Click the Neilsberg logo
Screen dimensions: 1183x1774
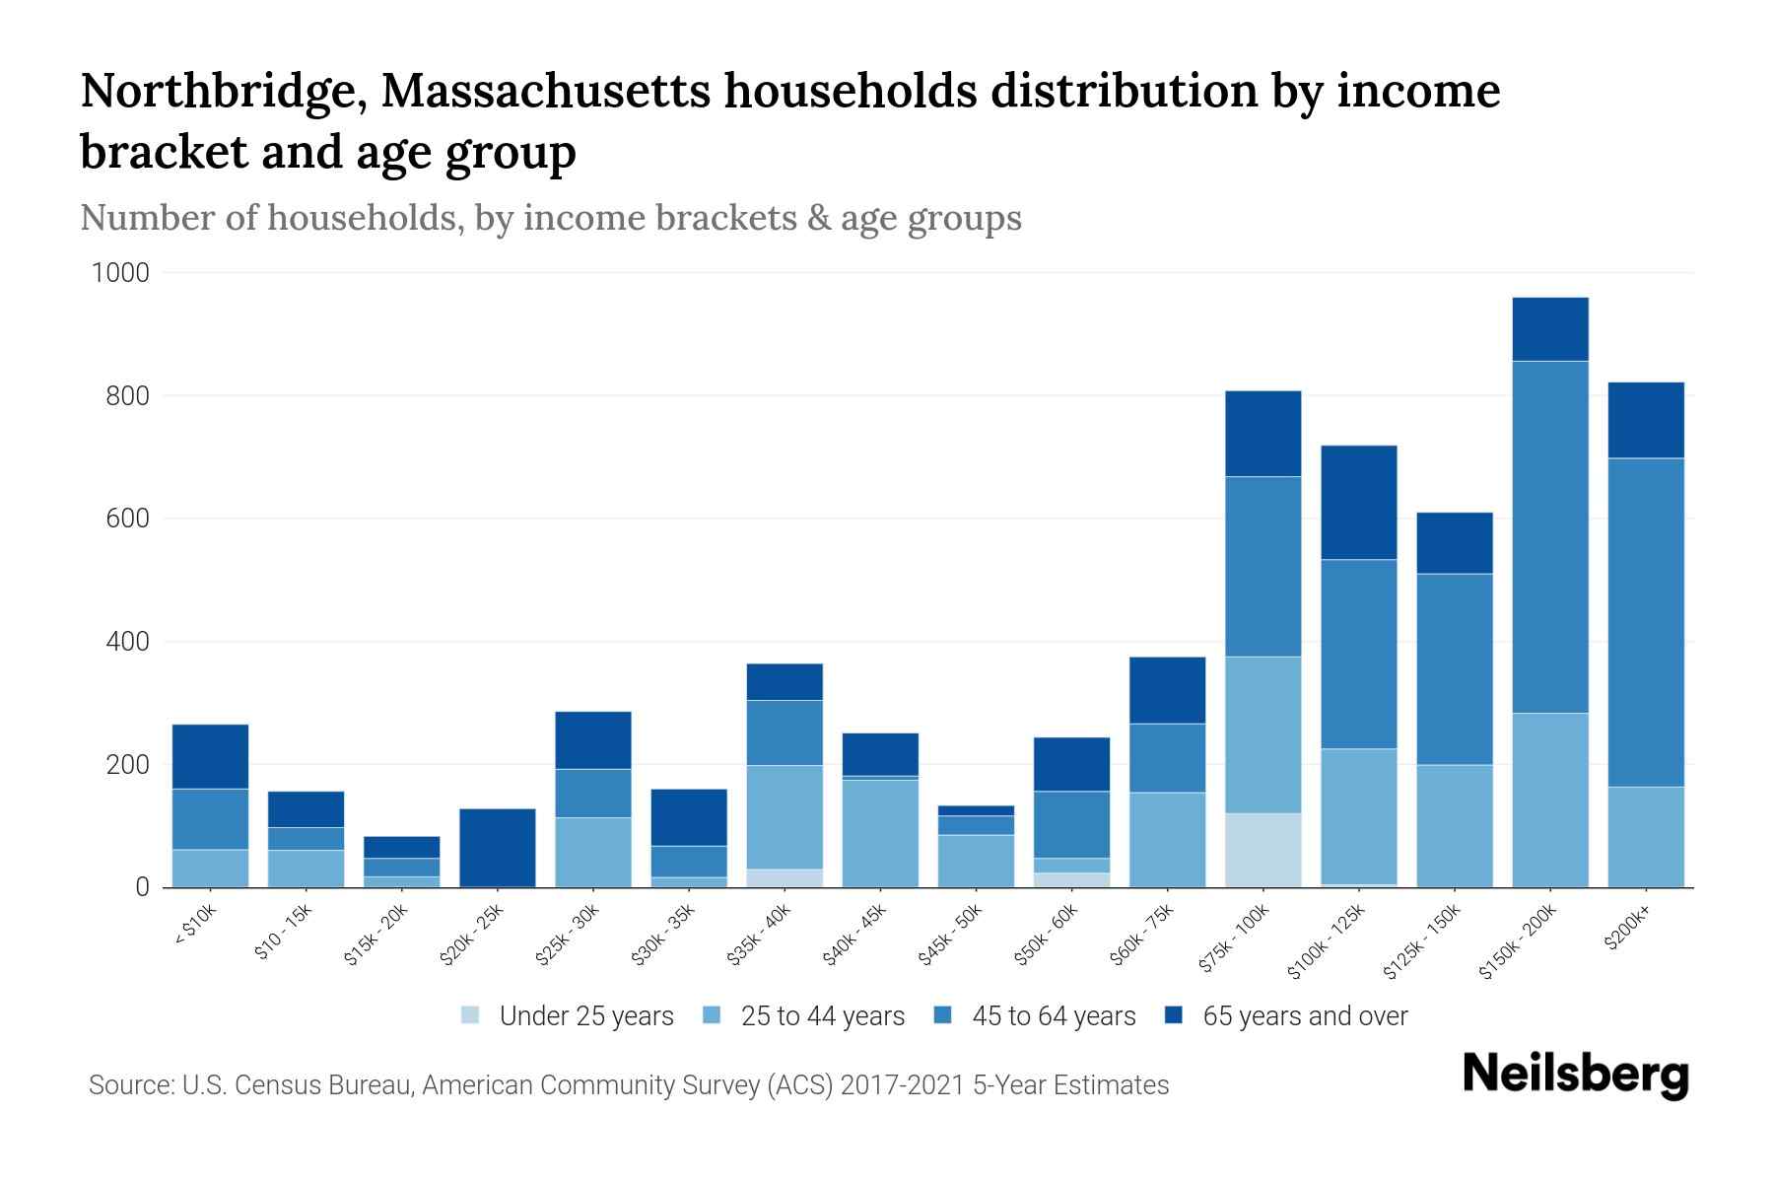pos(1575,1074)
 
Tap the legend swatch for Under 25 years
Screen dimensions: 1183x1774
pos(471,1015)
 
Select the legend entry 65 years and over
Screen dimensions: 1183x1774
pos(1304,1016)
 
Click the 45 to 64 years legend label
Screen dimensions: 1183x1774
pos(1053,1016)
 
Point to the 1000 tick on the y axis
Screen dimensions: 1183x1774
pos(120,273)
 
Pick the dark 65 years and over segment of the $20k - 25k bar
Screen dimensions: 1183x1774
pos(498,847)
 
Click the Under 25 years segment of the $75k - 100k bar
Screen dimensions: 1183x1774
pos(1262,849)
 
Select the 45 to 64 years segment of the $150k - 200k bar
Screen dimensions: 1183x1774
pos(1549,537)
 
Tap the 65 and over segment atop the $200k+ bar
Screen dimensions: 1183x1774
pos(1645,420)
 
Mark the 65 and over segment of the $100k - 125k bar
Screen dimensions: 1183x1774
pos(1358,503)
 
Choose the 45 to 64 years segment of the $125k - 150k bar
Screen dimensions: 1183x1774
pos(1454,668)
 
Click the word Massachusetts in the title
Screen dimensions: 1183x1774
pos(545,92)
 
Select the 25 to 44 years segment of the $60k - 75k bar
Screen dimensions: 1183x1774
pos(1167,839)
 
